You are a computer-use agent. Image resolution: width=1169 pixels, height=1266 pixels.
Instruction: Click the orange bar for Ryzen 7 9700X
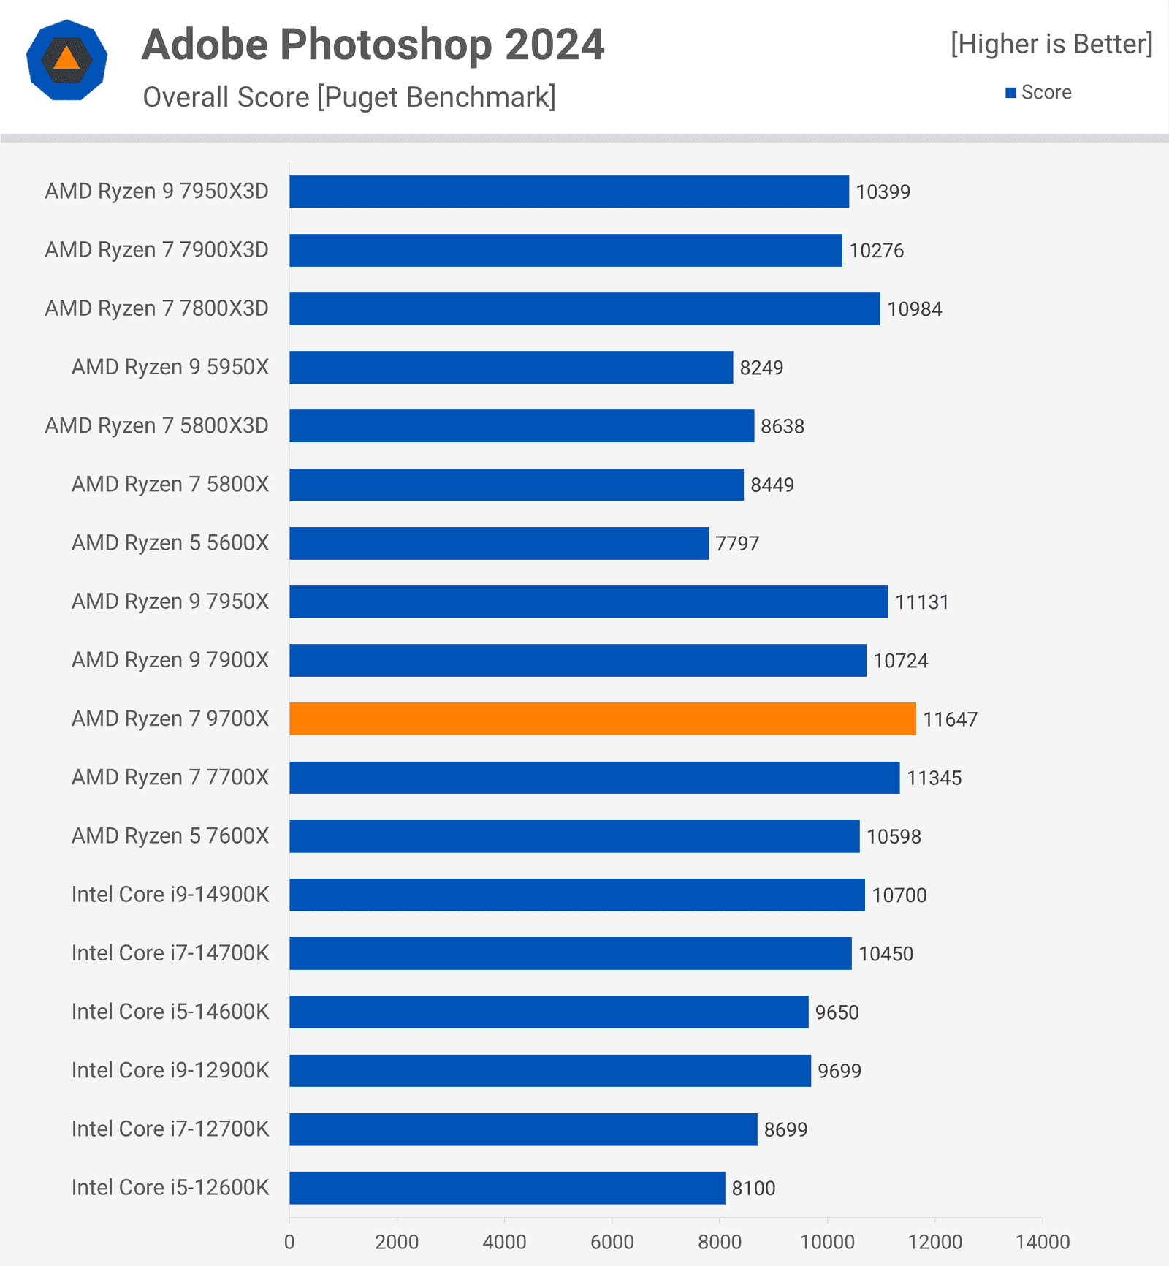click(x=602, y=719)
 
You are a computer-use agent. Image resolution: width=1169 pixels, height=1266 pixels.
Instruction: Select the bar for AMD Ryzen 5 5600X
click(x=499, y=543)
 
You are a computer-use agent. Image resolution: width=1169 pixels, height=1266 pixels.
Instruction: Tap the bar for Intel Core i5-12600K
click(x=507, y=1188)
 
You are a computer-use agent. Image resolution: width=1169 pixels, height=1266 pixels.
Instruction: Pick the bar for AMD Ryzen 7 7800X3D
click(x=584, y=308)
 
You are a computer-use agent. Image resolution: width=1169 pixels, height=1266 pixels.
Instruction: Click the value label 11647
click(x=950, y=719)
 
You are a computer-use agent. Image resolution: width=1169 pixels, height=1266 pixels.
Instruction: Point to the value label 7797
click(x=737, y=544)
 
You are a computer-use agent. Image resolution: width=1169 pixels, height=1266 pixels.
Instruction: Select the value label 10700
click(x=899, y=895)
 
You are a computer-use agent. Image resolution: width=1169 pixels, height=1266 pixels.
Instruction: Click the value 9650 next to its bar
click(x=837, y=1012)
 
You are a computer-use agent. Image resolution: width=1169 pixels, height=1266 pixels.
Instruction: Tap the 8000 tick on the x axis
click(x=720, y=1242)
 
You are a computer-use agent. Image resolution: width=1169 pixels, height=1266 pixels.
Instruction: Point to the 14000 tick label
click(x=1043, y=1242)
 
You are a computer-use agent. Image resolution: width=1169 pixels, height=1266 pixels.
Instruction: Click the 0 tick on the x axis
click(x=289, y=1242)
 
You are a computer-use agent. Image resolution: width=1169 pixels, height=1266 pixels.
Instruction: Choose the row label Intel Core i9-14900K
click(x=170, y=895)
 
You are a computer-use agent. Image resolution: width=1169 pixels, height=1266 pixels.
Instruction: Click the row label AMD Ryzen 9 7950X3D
click(x=157, y=192)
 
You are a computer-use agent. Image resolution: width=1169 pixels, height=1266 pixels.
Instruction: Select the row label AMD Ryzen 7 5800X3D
click(x=157, y=425)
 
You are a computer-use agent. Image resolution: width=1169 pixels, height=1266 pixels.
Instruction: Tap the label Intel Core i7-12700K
click(x=170, y=1129)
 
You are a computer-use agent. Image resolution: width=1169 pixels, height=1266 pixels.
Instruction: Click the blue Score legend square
click(x=1011, y=93)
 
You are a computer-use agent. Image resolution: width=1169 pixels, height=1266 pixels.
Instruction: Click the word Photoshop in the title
click(x=387, y=45)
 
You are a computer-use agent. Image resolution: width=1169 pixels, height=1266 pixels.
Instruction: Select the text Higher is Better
click(x=1051, y=44)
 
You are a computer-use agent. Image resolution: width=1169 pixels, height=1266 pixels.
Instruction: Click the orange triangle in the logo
click(x=66, y=58)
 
